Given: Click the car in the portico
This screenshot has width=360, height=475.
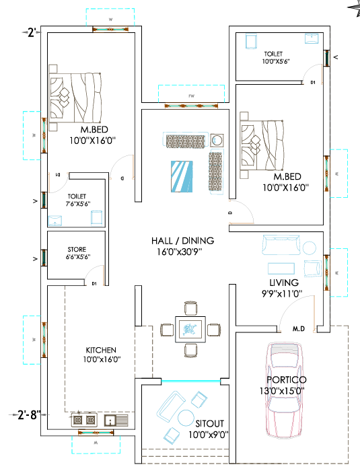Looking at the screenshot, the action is (x=285, y=391).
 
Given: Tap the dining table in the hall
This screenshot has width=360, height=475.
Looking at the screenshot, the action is (x=190, y=329).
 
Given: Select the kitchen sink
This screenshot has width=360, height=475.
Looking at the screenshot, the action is (x=116, y=421).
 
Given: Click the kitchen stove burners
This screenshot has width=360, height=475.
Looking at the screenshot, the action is (x=84, y=420).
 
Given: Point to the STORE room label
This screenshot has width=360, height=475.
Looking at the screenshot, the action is (x=77, y=250).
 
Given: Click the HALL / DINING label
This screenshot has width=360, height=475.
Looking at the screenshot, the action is (x=183, y=241).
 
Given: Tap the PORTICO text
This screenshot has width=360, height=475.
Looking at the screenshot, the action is (x=287, y=379).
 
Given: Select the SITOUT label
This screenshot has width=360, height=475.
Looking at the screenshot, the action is (x=210, y=423).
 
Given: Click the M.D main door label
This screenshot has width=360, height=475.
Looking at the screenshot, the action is (x=299, y=329).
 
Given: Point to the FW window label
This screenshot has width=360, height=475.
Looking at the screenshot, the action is (x=191, y=96).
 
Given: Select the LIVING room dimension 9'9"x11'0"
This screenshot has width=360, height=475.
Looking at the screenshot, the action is (x=282, y=293).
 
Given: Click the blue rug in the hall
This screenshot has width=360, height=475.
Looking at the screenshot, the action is (x=182, y=176).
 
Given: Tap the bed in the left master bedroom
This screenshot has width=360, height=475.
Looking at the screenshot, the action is (x=75, y=98).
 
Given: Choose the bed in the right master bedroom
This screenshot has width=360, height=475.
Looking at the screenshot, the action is (x=262, y=145).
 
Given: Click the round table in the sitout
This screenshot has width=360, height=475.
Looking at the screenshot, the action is (x=186, y=418).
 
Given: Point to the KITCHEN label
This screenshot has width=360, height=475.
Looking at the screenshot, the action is (x=101, y=350).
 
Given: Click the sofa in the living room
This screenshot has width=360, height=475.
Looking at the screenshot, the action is (x=281, y=245).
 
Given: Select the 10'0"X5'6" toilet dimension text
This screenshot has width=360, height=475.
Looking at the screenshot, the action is (x=276, y=61).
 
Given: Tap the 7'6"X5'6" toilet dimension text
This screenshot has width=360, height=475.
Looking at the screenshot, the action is (x=78, y=204).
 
